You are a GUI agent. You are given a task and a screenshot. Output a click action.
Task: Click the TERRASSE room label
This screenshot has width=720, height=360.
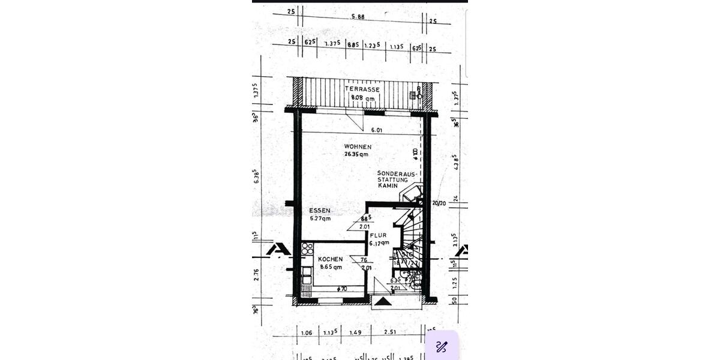click(x=362, y=89)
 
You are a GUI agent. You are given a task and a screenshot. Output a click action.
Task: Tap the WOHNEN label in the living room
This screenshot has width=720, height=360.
click(x=358, y=146)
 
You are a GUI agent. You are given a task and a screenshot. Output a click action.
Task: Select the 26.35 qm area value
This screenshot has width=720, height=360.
click(x=356, y=154)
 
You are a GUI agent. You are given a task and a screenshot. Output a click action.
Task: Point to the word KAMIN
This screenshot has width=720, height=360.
click(x=388, y=186)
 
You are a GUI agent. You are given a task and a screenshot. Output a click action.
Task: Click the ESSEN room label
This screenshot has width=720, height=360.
click(x=320, y=211)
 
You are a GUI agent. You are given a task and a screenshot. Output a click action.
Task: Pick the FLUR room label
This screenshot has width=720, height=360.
click(x=377, y=235)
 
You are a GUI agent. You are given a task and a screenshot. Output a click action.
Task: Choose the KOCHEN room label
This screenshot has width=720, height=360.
click(x=330, y=259)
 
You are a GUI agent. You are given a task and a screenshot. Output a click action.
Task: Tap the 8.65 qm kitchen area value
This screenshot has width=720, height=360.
click(x=330, y=267)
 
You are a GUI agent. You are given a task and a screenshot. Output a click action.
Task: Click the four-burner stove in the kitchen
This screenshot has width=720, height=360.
click(x=307, y=248)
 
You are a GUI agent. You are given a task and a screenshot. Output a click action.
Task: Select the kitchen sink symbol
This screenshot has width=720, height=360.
click(x=307, y=275)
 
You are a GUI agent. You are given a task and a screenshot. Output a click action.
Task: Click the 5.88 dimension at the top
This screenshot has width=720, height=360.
click(x=358, y=16)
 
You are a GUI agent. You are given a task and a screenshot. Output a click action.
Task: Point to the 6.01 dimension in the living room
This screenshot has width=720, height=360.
click(x=376, y=130)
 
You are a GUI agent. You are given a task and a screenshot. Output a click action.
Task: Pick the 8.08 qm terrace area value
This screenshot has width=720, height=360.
click(x=362, y=98)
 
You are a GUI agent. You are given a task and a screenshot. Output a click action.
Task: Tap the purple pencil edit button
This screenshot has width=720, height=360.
click(x=442, y=346)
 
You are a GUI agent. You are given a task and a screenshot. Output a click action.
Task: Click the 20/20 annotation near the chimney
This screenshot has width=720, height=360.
click(x=439, y=203)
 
